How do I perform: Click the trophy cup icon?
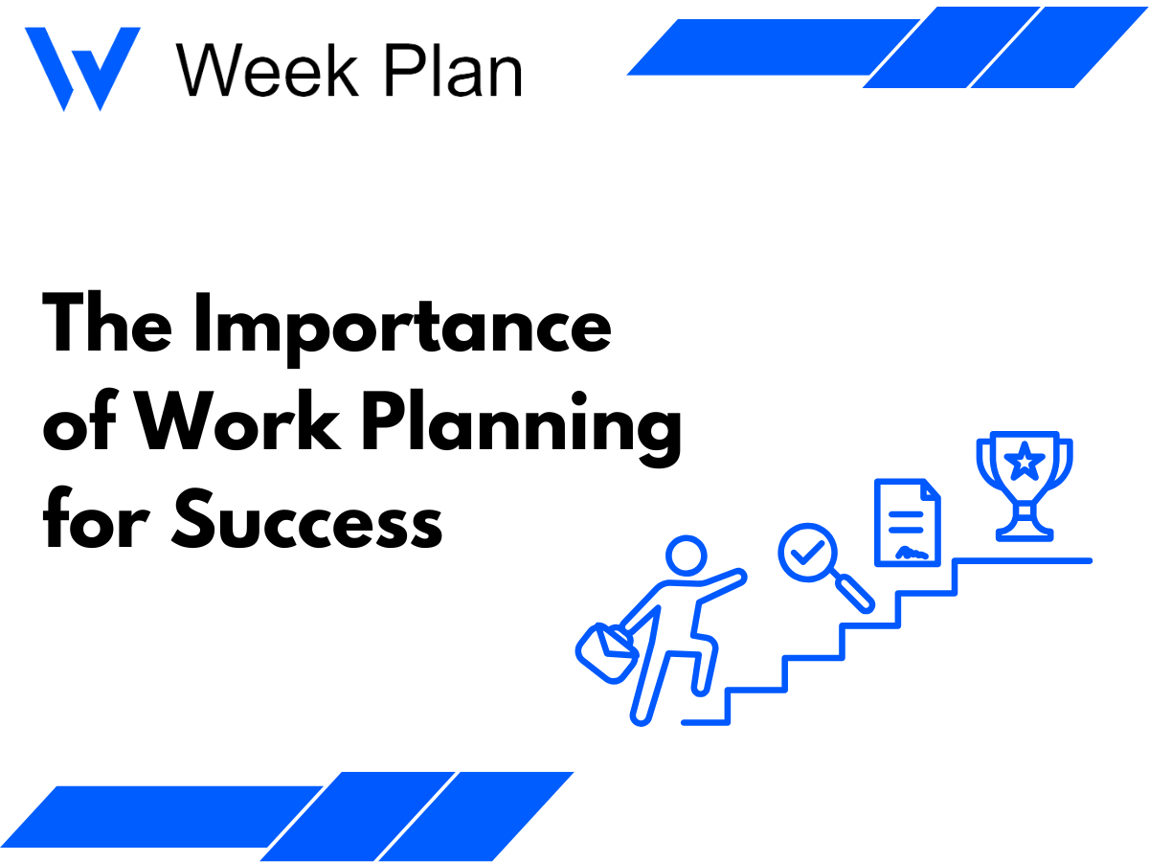point(1024,485)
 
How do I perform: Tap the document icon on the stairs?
point(908,524)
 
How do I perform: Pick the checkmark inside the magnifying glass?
point(808,552)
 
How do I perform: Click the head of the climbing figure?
point(686,556)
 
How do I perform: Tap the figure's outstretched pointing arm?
point(718,583)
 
